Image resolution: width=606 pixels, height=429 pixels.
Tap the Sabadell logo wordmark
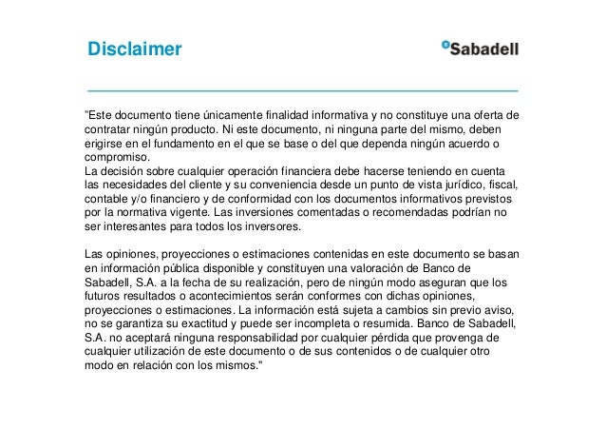(485, 49)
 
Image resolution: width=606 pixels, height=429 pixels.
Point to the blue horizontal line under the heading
(302, 88)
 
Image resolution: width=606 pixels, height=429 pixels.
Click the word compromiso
(116, 158)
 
